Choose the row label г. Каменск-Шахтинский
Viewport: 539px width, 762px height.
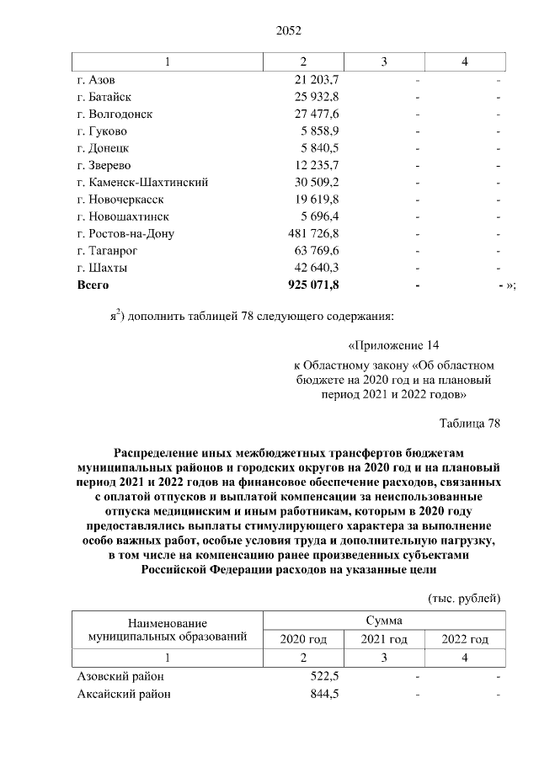pyautogui.click(x=141, y=183)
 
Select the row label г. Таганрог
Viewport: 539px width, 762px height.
pyautogui.click(x=106, y=251)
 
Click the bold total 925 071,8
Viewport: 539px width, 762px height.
pyautogui.click(x=312, y=285)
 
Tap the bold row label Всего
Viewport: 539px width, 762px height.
pyautogui.click(x=93, y=285)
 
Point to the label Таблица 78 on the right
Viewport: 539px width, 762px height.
pyautogui.click(x=470, y=423)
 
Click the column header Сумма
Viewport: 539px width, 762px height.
pyautogui.click(x=384, y=621)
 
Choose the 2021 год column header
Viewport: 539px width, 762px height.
pyautogui.click(x=384, y=640)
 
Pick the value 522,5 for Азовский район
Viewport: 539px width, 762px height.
pyautogui.click(x=324, y=677)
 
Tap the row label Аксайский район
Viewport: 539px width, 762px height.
pyautogui.click(x=123, y=695)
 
